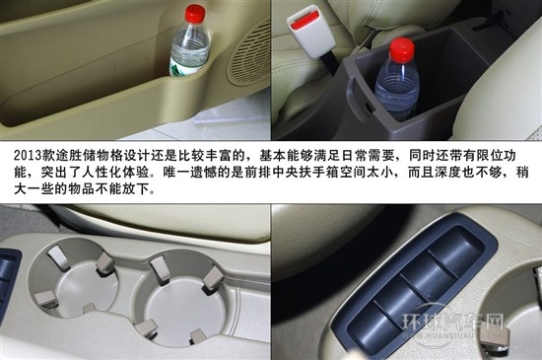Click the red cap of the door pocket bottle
tap(195, 14)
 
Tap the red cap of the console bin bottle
tap(402, 49)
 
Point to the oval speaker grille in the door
tap(250, 55)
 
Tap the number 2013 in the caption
tap(28, 155)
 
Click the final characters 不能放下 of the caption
tap(122, 188)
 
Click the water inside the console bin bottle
tap(396, 94)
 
